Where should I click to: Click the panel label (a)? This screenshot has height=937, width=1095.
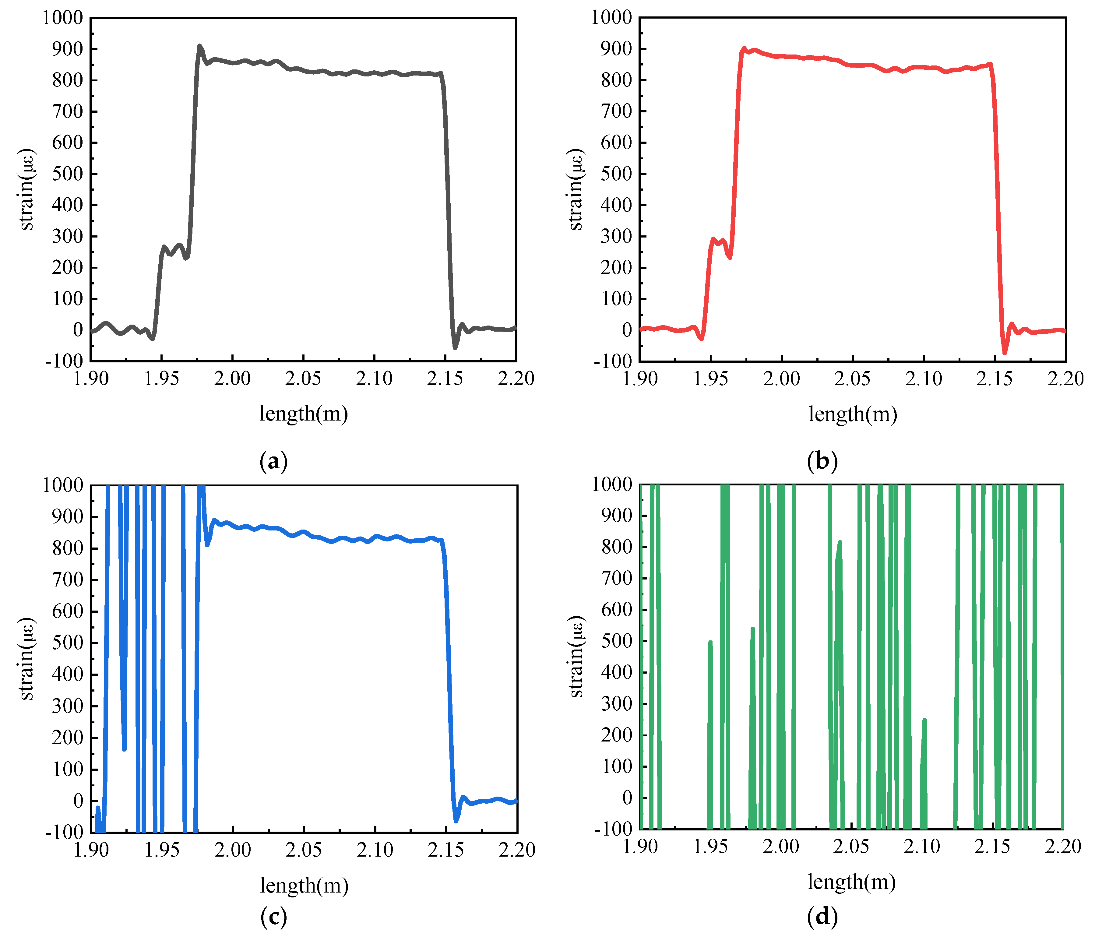pyautogui.click(x=274, y=461)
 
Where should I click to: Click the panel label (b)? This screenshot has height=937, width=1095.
pyautogui.click(x=822, y=461)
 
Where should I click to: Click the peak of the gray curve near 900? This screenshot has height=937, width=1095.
pyautogui.click(x=200, y=46)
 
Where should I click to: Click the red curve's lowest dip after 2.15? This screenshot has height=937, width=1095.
pyautogui.click(x=1005, y=353)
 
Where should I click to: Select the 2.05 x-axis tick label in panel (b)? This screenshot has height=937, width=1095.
pyautogui.click(x=852, y=379)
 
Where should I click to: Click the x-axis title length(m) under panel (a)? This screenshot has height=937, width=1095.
pyautogui.click(x=303, y=413)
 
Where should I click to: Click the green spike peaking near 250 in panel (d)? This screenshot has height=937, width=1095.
pyautogui.click(x=924, y=720)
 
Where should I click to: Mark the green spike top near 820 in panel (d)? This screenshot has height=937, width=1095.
pyautogui.click(x=840, y=542)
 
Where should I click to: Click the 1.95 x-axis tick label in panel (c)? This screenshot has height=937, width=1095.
pyautogui.click(x=162, y=850)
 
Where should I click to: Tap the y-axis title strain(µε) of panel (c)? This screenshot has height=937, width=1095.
pyautogui.click(x=26, y=658)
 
